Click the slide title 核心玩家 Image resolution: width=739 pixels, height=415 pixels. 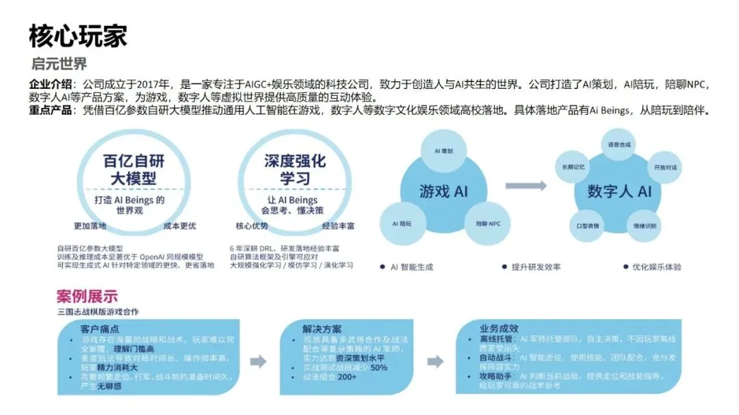[x=77, y=36]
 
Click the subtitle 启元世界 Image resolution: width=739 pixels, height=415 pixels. [x=60, y=65]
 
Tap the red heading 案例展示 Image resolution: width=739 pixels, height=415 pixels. [x=87, y=296]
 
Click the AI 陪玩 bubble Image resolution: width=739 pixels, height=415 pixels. [x=402, y=223]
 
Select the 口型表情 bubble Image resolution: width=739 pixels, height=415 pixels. [x=588, y=225]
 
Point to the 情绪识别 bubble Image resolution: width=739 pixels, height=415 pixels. [x=645, y=225]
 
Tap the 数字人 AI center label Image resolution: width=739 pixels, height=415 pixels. [x=619, y=191]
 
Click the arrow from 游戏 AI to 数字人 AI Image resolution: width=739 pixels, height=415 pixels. [x=526, y=185]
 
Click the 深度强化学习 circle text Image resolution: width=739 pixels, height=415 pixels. [x=294, y=170]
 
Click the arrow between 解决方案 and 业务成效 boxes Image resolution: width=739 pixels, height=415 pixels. [x=435, y=362]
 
